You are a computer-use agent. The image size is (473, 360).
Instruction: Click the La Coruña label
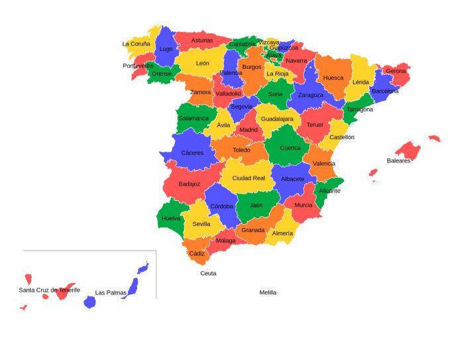click(136, 44)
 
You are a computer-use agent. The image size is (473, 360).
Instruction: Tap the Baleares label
click(399, 160)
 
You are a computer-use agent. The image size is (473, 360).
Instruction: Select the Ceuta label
click(208, 273)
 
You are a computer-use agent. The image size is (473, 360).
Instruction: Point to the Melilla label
click(268, 292)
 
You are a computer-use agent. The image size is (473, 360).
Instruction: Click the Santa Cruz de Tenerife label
click(49, 290)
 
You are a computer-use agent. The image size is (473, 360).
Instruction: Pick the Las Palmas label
click(111, 292)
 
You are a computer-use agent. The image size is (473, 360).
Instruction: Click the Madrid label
click(248, 130)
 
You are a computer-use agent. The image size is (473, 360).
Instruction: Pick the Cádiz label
click(197, 253)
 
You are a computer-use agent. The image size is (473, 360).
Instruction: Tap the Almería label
click(282, 233)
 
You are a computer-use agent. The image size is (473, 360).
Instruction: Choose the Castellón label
click(342, 137)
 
